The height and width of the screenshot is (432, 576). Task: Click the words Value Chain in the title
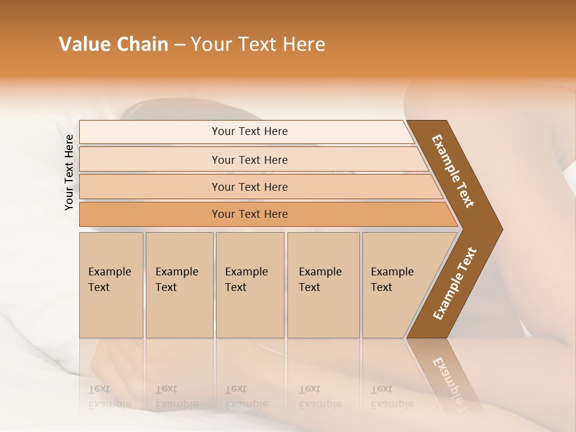click(113, 44)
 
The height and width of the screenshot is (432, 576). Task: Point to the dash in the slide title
click(179, 45)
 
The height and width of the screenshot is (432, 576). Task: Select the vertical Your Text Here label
click(69, 172)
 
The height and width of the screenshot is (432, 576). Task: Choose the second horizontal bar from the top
click(250, 160)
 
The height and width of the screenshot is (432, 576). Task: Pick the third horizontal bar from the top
click(250, 187)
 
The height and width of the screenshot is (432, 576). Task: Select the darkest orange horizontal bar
click(250, 214)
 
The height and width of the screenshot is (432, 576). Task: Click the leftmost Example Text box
click(111, 285)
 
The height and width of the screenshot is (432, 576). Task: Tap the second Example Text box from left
click(179, 285)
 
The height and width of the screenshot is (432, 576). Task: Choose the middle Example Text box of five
click(250, 285)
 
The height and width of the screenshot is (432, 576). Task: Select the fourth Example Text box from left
click(323, 285)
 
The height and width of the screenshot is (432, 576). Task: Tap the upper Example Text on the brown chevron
click(453, 171)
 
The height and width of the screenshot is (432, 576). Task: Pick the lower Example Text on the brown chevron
click(454, 284)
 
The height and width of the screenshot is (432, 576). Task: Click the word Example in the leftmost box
click(109, 272)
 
